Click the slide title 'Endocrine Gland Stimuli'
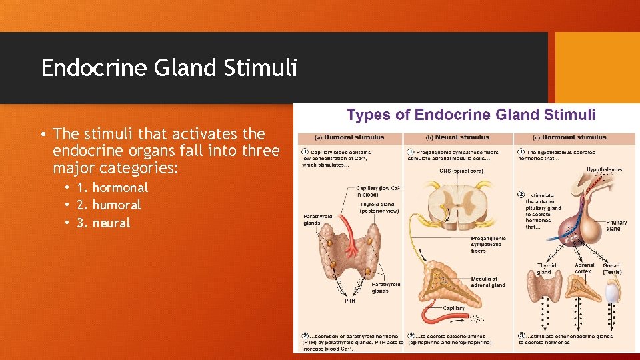pyautogui.click(x=169, y=68)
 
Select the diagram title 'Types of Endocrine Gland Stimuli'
pyautogui.click(x=471, y=115)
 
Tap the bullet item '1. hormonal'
pyautogui.click(x=112, y=187)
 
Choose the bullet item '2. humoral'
pyautogui.click(x=109, y=205)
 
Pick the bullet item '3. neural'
pyautogui.click(x=103, y=223)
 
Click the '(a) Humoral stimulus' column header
pyautogui.click(x=349, y=138)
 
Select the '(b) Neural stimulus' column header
pyautogui.click(x=458, y=138)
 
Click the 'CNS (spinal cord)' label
pyautogui.click(x=461, y=171)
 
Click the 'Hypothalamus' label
pyautogui.click(x=604, y=170)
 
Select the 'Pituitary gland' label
pyautogui.click(x=617, y=225)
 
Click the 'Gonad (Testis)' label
pyautogui.click(x=611, y=269)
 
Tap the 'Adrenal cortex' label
pyautogui.click(x=584, y=268)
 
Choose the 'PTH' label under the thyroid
pyautogui.click(x=350, y=301)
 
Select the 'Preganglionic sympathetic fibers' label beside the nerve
pyautogui.click(x=488, y=245)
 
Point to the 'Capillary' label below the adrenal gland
pyautogui.click(x=454, y=308)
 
